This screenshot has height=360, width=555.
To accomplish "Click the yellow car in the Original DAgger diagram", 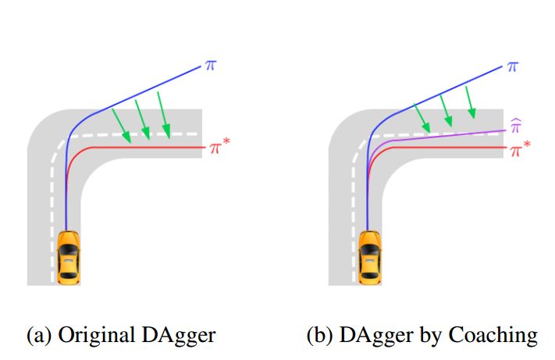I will (x=69, y=256).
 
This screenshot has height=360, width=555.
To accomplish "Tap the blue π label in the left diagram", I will (x=209, y=66).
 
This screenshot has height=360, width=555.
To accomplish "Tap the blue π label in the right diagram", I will (x=512, y=66).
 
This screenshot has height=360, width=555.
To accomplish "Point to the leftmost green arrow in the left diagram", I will (x=120, y=127).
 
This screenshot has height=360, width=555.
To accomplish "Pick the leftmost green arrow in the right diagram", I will (x=421, y=118).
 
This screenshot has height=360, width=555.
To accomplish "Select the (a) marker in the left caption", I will (x=37, y=336).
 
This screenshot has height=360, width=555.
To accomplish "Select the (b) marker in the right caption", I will (x=320, y=336).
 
